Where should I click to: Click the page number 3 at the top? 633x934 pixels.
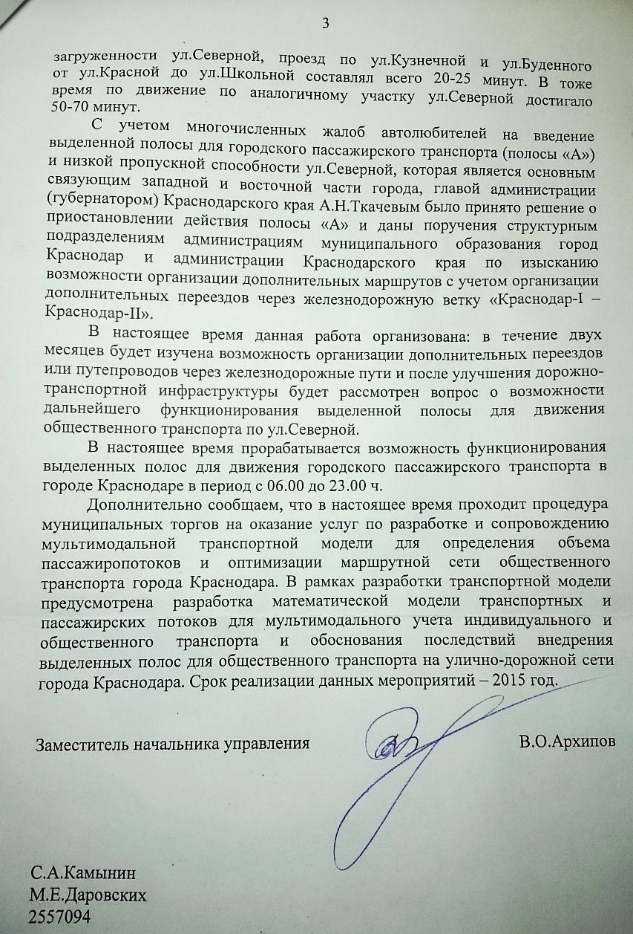(324, 23)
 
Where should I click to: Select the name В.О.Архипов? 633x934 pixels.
(568, 742)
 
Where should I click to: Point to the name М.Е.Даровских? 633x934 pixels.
(87, 895)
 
